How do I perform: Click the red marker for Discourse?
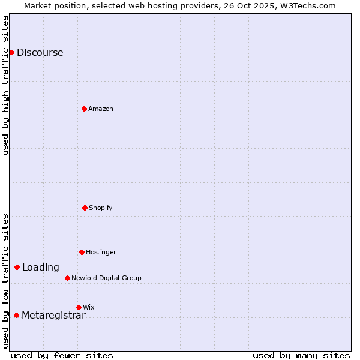11,52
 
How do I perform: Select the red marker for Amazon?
84,109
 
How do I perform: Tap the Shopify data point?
85,208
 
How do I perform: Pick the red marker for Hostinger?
82,252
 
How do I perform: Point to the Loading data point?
17,267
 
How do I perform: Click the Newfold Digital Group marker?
67,278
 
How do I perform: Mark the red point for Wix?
79,307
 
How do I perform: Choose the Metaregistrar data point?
16,315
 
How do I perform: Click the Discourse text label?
40,52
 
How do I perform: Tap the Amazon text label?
101,109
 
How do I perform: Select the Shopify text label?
101,208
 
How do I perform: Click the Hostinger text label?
101,252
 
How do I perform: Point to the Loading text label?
41,268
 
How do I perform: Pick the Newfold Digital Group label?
106,278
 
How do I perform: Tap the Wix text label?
89,307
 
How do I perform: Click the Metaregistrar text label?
53,316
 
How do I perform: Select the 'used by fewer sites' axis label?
62,355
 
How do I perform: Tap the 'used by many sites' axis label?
301,355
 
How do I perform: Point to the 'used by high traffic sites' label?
5,85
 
